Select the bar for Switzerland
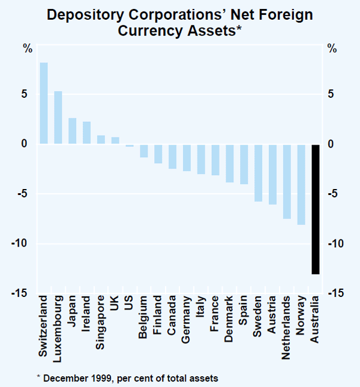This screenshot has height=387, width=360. point(44,103)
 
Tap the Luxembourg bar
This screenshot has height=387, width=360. point(58,118)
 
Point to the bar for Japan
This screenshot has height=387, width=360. point(73,131)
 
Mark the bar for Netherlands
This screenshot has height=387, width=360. point(287,181)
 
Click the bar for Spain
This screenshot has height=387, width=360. point(244,164)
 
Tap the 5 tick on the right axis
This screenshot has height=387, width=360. point(331,94)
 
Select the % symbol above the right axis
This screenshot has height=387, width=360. point(332,49)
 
